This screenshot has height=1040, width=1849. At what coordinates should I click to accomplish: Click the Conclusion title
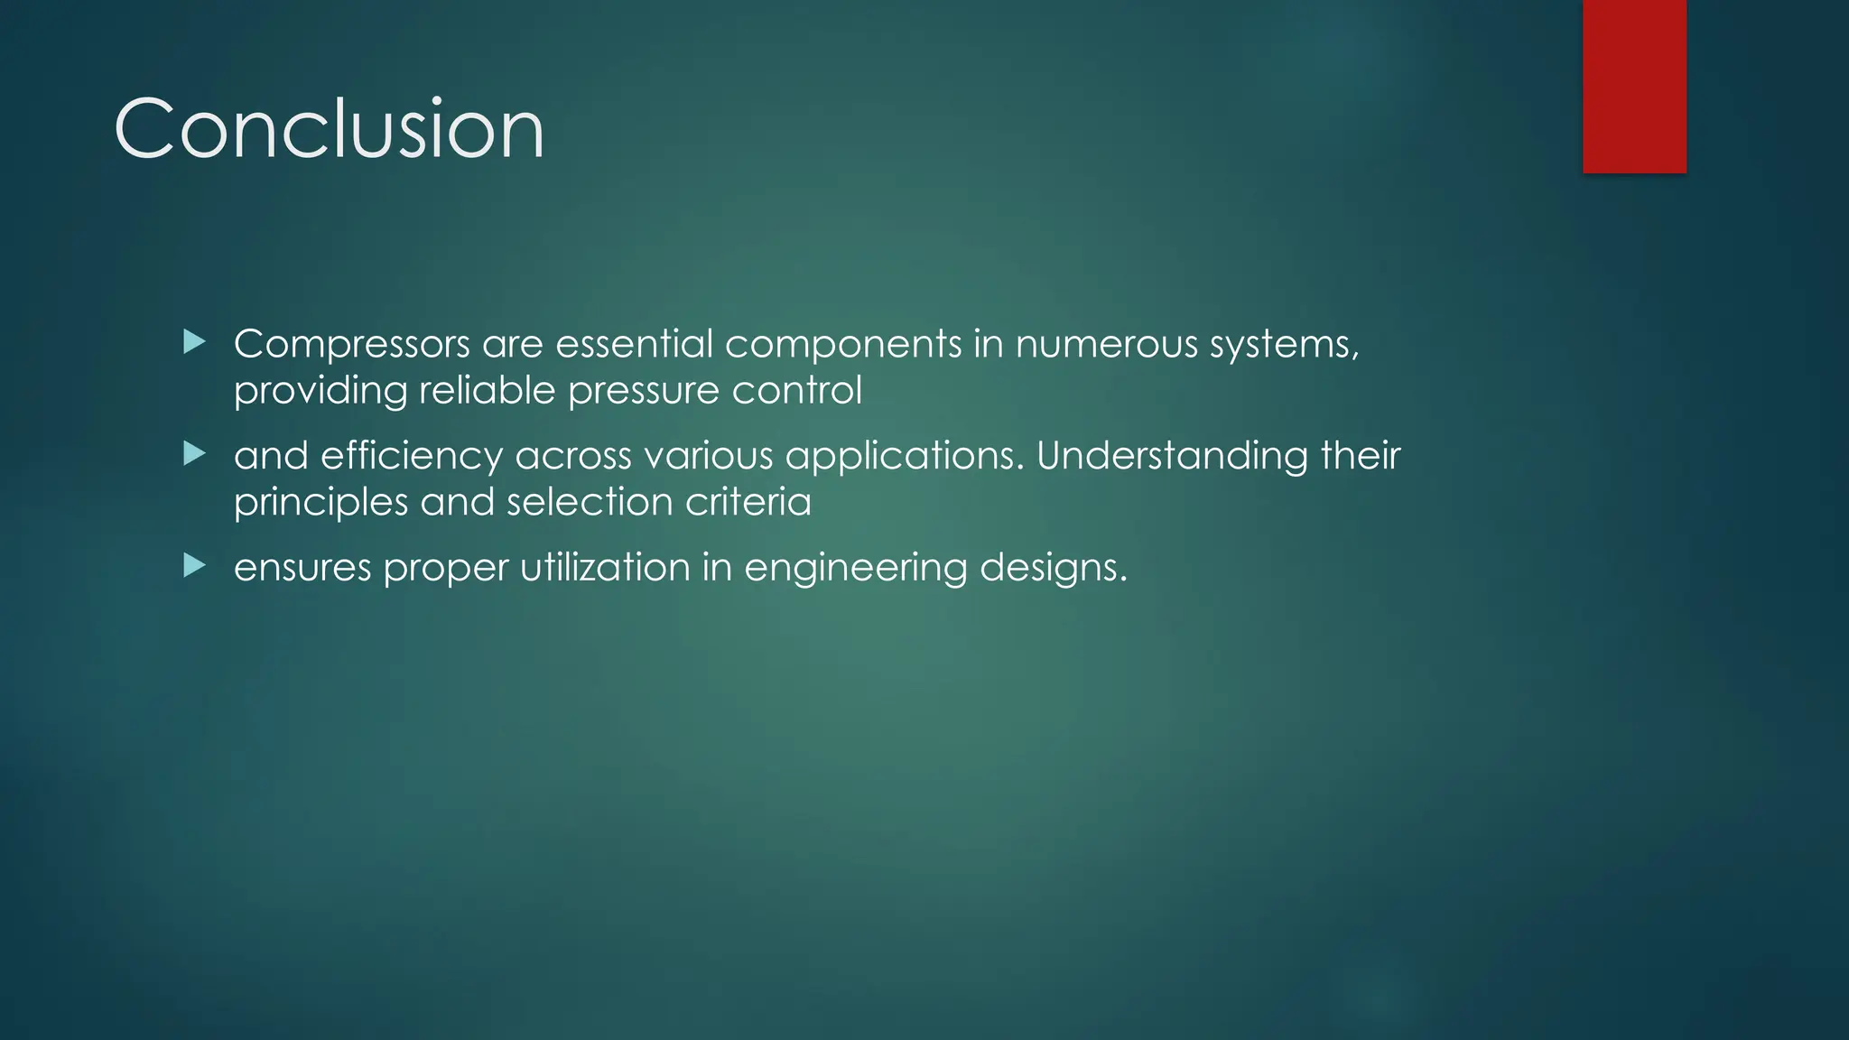pos(330,129)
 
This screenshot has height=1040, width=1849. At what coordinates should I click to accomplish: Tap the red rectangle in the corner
pos(1634,86)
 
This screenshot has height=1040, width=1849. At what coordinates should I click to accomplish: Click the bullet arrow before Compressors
pos(194,342)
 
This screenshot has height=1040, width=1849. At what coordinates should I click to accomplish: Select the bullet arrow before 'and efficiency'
pos(194,454)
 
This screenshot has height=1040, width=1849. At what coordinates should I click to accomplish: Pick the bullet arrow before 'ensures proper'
pos(194,566)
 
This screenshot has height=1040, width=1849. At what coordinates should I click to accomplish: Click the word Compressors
pos(352,344)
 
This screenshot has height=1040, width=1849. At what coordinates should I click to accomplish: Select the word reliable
pos(487,391)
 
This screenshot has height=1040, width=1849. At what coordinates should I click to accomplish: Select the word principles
pos(321,503)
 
